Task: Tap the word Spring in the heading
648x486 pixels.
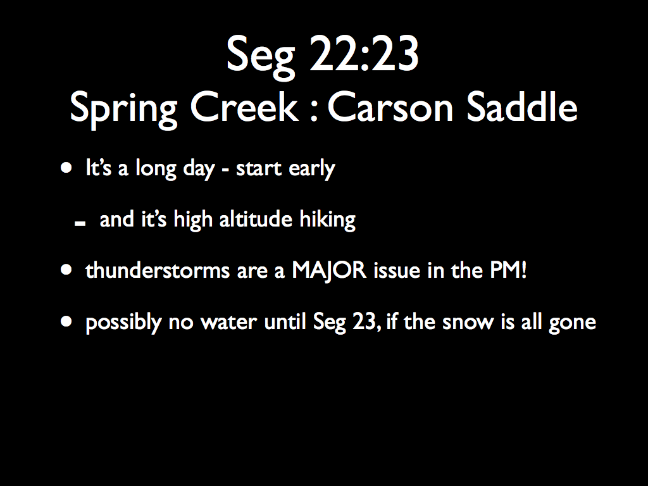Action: (123, 109)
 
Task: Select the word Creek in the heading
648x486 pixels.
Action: (244, 106)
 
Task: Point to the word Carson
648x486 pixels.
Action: (390, 106)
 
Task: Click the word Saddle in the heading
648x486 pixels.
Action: (522, 106)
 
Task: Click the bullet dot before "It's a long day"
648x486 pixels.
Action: (66, 168)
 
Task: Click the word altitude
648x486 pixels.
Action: (256, 219)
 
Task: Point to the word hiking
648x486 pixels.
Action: (327, 220)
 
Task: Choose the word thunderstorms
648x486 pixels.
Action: (157, 270)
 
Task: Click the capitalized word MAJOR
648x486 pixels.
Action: (329, 271)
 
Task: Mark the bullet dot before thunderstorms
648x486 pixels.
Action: (66, 270)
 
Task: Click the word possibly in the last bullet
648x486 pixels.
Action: (123, 322)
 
